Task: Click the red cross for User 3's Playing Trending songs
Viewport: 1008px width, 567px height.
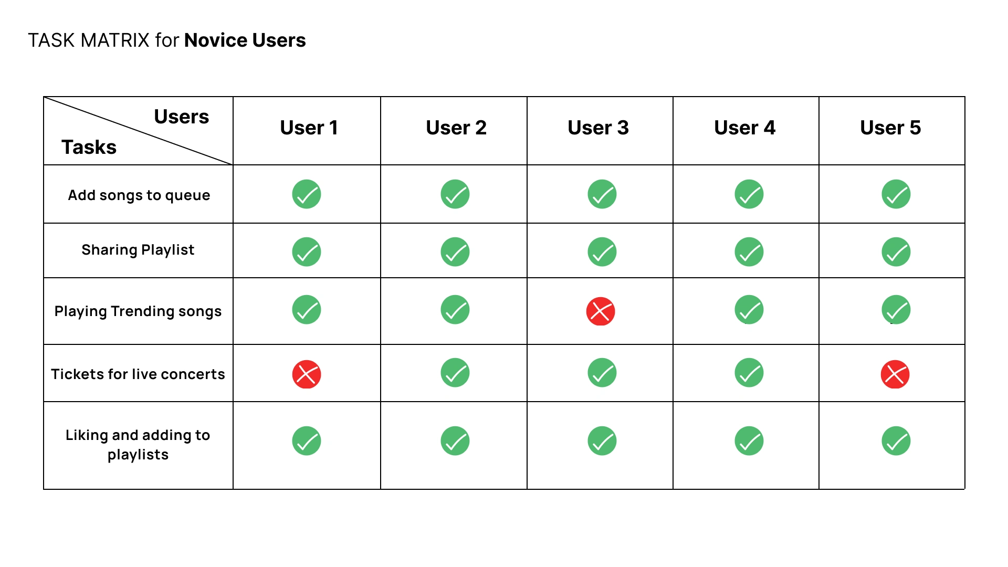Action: coord(601,311)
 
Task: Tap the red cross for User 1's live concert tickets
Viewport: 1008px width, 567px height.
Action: coord(307,374)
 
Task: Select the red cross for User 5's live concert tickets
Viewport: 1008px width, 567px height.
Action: coord(895,374)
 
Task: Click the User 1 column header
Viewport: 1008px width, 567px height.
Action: coord(309,128)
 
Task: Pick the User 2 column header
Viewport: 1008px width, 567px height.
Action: coord(456,128)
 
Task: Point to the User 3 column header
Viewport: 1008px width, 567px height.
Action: coord(598,128)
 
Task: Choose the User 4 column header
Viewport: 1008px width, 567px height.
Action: coord(744,128)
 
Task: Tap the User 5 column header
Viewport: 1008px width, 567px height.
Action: coord(890,128)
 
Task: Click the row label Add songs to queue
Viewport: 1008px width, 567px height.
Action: coord(139,195)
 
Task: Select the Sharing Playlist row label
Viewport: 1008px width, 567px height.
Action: coord(138,250)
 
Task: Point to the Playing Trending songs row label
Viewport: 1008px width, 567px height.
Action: coord(138,311)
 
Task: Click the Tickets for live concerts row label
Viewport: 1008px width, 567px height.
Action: coord(138,374)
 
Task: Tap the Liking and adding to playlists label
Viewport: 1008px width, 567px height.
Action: coord(138,445)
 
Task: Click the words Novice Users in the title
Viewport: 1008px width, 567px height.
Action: coord(245,40)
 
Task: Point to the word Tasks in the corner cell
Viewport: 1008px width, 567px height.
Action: coord(89,147)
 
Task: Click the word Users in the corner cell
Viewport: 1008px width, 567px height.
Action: coord(182,117)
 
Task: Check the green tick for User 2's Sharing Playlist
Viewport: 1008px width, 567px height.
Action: coord(455,252)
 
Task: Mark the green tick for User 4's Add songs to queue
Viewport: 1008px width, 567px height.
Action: coord(749,194)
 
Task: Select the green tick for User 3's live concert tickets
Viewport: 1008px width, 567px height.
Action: coord(602,373)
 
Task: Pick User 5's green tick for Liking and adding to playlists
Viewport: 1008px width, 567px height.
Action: coord(896,441)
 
